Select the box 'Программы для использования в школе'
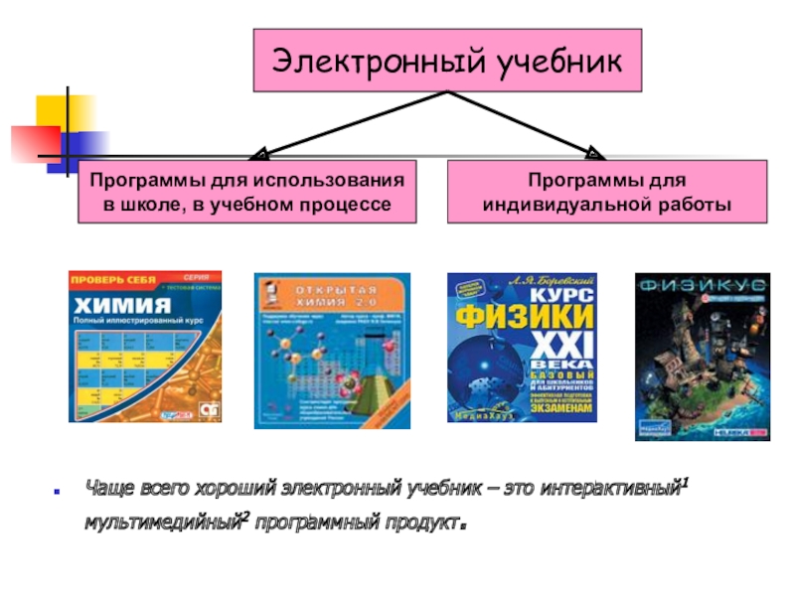[247, 193]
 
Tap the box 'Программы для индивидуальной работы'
[607, 193]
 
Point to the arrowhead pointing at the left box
[257, 155]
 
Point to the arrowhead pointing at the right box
[594, 154]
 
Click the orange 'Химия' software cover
[145, 346]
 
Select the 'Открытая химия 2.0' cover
[332, 350]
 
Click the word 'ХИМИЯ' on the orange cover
[117, 304]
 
